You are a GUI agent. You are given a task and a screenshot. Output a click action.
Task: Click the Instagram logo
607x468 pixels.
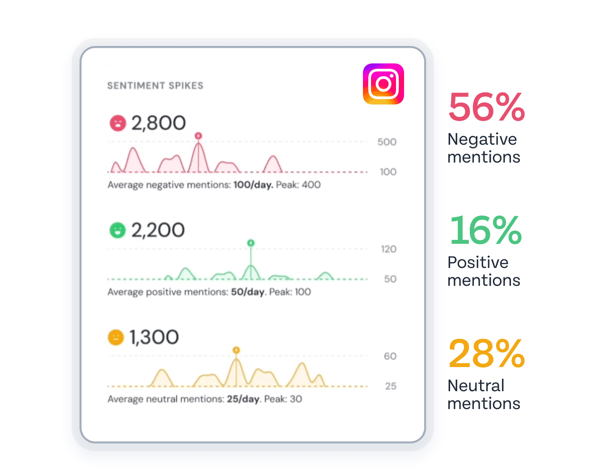(384, 84)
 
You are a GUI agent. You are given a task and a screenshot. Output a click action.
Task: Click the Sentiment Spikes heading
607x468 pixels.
(155, 86)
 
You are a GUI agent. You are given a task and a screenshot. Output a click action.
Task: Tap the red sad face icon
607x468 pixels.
(118, 123)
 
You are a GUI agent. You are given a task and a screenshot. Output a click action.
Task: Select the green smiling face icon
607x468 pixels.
(118, 230)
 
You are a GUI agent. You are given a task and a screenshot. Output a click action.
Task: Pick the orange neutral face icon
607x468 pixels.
(116, 337)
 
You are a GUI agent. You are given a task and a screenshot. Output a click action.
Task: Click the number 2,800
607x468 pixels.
(159, 123)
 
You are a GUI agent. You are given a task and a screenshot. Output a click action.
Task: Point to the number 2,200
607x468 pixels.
(158, 230)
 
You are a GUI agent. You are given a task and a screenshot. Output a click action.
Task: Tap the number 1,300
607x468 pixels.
(154, 337)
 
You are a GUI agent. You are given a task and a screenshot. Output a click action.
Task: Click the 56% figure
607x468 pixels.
(487, 107)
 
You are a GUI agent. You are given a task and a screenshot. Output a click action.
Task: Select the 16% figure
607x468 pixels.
(485, 230)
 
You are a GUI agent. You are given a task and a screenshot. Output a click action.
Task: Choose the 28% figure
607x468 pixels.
(487, 354)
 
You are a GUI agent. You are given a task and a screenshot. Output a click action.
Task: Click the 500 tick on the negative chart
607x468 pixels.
(387, 142)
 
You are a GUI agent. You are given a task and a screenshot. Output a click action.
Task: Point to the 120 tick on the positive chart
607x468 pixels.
(388, 249)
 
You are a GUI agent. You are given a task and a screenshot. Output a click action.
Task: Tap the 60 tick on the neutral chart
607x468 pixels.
(390, 356)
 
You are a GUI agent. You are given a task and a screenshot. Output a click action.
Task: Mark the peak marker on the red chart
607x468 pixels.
(198, 136)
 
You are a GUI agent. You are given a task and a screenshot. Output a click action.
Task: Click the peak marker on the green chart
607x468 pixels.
(251, 243)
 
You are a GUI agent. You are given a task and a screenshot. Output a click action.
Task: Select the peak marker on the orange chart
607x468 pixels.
(236, 350)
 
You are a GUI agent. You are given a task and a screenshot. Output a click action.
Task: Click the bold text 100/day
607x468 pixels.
(253, 185)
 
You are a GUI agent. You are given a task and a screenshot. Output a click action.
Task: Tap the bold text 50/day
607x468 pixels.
(248, 292)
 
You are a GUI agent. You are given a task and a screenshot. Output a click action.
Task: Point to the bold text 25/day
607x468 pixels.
(243, 399)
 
